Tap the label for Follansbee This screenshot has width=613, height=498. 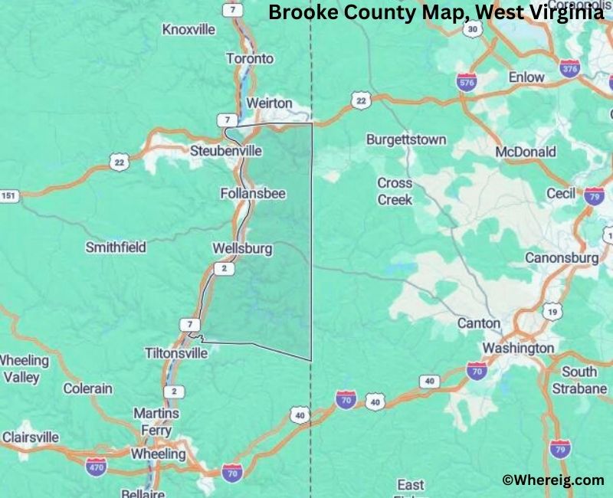(x=252, y=194)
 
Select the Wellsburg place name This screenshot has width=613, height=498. (x=242, y=249)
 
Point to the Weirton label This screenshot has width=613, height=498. (x=269, y=103)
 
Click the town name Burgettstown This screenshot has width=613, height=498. (x=406, y=140)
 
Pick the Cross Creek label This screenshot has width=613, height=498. (x=395, y=192)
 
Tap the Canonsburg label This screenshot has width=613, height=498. (x=562, y=258)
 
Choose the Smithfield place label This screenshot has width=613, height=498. (x=116, y=247)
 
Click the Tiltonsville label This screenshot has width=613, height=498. (x=176, y=353)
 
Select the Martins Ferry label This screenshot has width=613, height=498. (x=156, y=422)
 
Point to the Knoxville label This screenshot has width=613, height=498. (x=189, y=30)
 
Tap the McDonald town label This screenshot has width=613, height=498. (x=526, y=152)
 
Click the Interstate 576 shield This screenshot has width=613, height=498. (x=465, y=81)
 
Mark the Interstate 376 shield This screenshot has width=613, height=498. (x=569, y=67)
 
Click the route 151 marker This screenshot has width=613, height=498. (x=8, y=196)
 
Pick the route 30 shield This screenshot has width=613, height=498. (x=474, y=30)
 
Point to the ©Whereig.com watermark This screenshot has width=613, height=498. (x=553, y=480)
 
